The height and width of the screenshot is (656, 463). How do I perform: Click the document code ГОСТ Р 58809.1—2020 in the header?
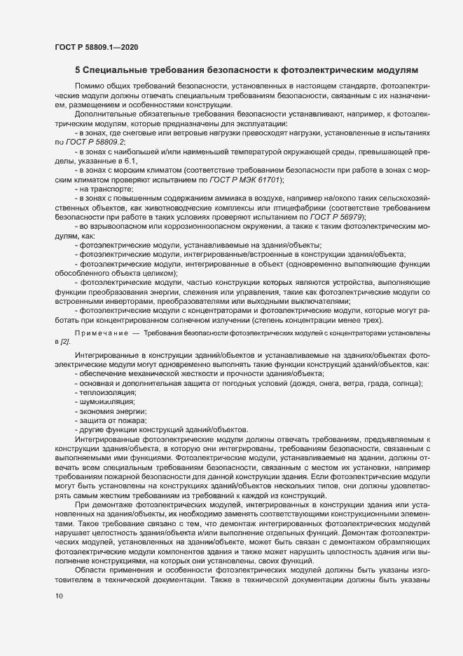95,47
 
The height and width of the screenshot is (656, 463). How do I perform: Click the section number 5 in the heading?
77,70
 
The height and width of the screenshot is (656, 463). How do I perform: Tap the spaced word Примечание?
100,330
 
